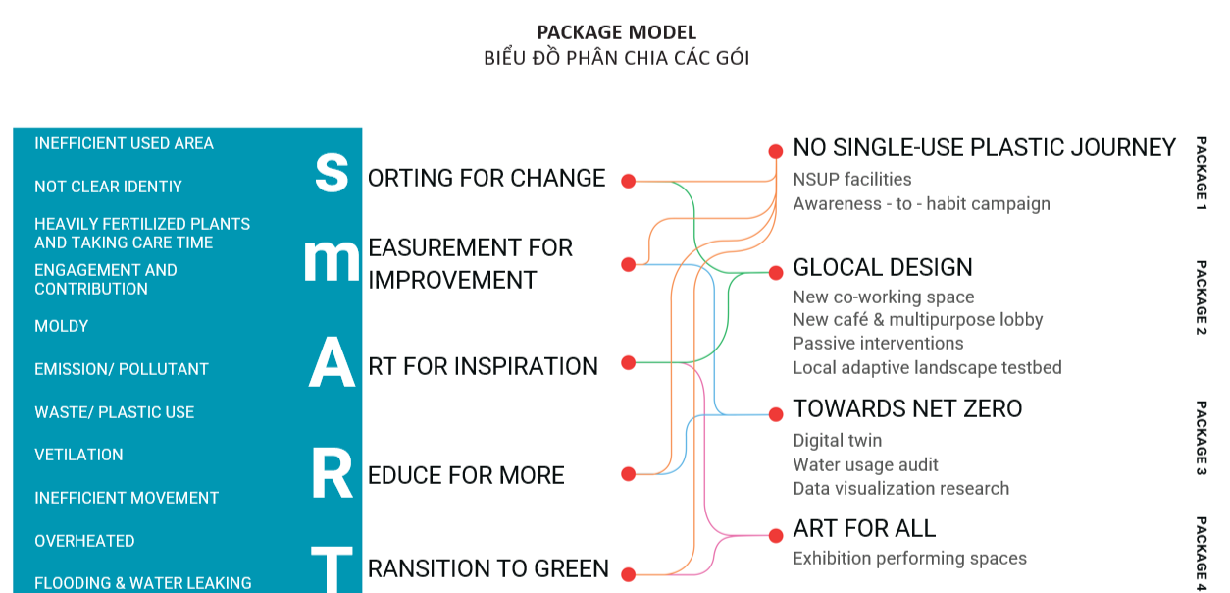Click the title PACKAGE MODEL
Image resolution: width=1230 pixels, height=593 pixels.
coord(616,33)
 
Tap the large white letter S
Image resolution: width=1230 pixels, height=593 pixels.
coord(332,172)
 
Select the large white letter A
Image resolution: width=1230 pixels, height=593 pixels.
coord(332,365)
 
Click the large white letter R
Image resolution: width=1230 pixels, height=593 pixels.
coord(332,475)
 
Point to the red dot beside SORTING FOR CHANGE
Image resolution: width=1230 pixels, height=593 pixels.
coord(629,181)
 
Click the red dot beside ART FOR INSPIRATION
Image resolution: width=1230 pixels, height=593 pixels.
coord(629,363)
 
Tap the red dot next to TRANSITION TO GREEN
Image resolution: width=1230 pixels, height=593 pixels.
coord(629,574)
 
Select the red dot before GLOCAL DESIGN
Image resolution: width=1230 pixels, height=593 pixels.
coord(775,272)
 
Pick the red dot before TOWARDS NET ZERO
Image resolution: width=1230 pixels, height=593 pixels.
coord(775,412)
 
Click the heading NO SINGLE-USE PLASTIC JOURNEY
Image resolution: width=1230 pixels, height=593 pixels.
coord(984,148)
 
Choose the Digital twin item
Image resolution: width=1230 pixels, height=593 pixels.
coord(837,441)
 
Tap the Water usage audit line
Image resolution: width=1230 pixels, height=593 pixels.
coord(865,464)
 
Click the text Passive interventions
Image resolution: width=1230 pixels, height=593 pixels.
coord(878,344)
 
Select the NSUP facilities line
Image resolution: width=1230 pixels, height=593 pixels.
coord(851,180)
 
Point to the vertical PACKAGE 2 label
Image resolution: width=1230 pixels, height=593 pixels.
coord(1201,297)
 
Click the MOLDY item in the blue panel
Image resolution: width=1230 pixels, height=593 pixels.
coord(62,326)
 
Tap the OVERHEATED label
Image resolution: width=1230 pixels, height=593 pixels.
coord(84,541)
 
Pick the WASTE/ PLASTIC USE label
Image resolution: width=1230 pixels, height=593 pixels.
coord(114,412)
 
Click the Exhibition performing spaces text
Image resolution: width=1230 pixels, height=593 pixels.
coord(909,559)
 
